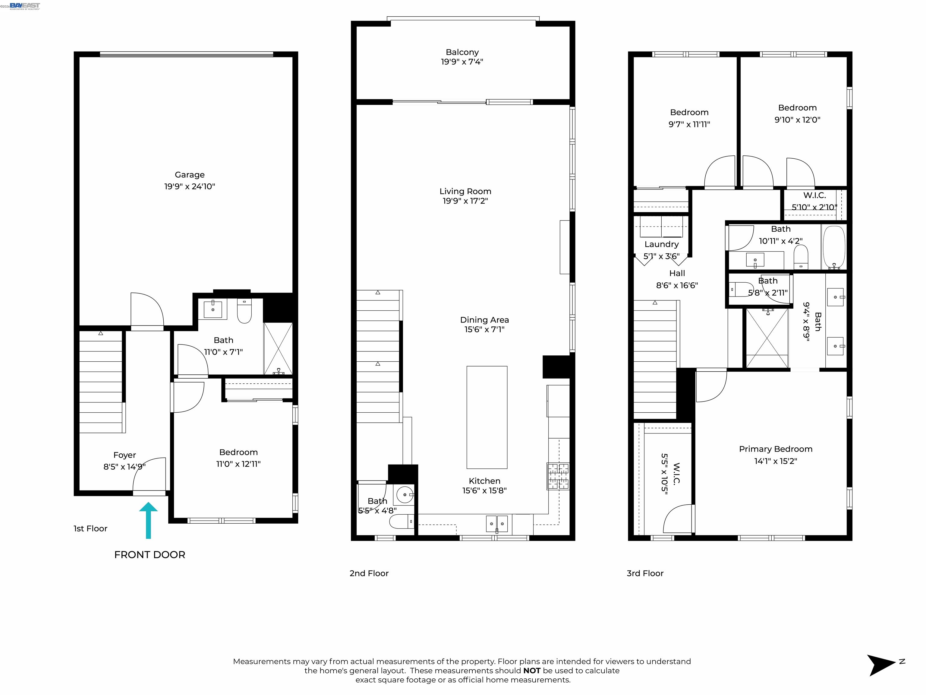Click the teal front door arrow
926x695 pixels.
(x=148, y=520)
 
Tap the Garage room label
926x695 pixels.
(x=190, y=175)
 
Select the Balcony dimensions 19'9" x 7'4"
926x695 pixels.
(x=462, y=62)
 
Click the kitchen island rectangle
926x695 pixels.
(x=487, y=417)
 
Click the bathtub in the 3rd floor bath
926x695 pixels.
(x=834, y=247)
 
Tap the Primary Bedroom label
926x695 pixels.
(x=775, y=449)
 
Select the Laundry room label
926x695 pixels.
(x=661, y=244)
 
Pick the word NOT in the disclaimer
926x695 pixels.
(x=532, y=671)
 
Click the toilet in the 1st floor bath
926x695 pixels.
(x=244, y=310)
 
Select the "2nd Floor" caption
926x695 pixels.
(x=369, y=573)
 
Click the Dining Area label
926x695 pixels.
(x=484, y=320)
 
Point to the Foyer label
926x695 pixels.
(x=124, y=455)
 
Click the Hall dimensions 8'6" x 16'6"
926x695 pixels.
(x=677, y=285)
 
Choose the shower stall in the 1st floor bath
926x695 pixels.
(x=278, y=348)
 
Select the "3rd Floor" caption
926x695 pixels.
(x=645, y=573)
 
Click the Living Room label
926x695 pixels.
(x=465, y=192)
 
